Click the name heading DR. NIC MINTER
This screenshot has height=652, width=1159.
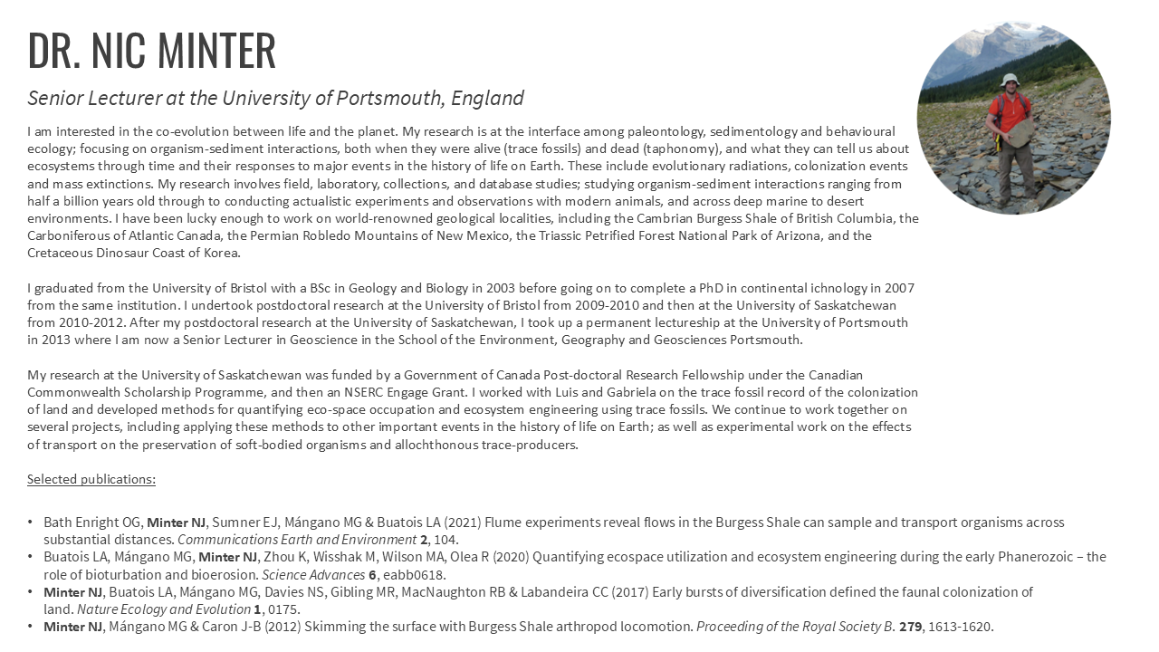pyautogui.click(x=151, y=51)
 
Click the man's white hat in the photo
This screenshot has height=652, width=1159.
pyautogui.click(x=1011, y=81)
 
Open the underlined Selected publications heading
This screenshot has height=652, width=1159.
pyautogui.click(x=91, y=479)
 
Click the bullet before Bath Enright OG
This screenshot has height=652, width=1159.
pyautogui.click(x=31, y=523)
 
